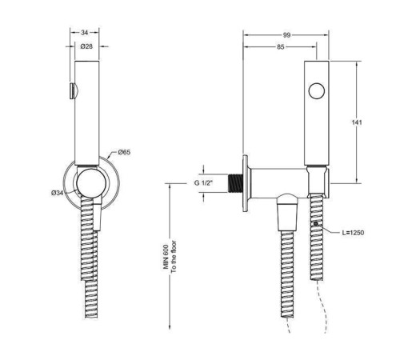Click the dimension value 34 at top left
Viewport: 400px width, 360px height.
coord(85,33)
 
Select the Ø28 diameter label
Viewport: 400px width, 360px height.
coord(85,47)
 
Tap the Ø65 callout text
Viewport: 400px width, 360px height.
coord(125,152)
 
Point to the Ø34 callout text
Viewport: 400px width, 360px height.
coord(58,193)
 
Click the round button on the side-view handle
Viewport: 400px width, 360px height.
coord(318,90)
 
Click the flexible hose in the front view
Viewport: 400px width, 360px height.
coord(88,256)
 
